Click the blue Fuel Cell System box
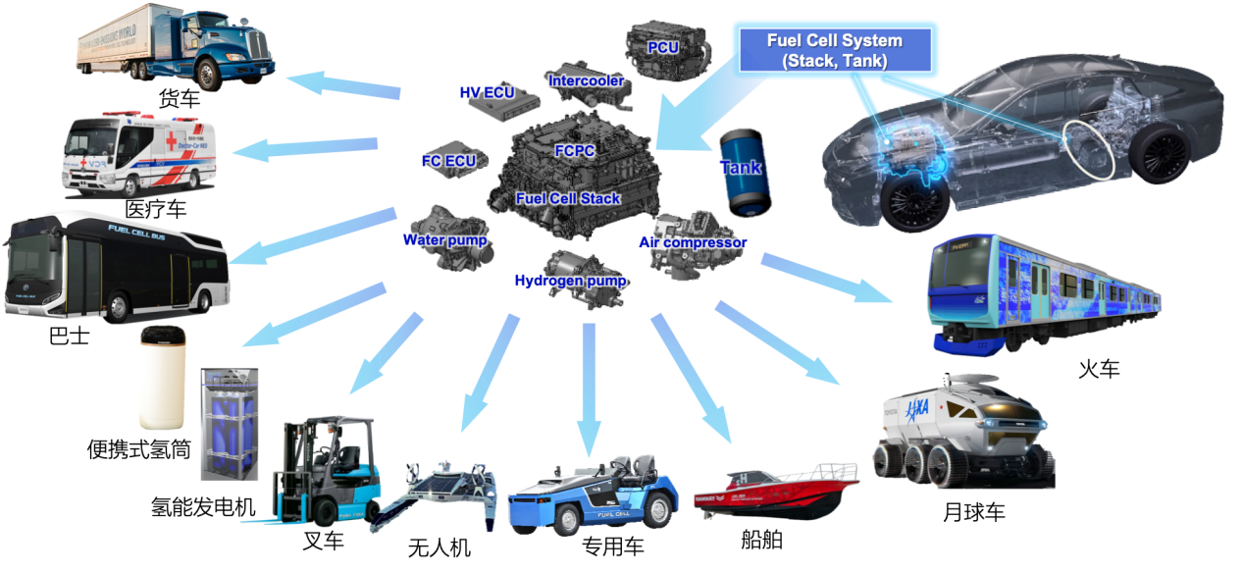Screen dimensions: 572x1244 pos(834,50)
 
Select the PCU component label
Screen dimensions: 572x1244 pos(663,47)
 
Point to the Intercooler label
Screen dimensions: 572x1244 pos(586,80)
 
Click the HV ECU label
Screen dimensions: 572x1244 pos(487,92)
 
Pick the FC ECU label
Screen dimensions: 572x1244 pos(448,160)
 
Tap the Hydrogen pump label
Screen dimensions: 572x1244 pos(570,281)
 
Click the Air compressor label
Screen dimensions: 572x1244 pos(693,242)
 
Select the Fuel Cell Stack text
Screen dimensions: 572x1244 pos(568,198)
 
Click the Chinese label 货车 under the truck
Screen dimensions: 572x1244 pos(180,99)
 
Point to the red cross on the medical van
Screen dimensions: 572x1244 pos(170,143)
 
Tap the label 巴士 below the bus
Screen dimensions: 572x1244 pos(68,337)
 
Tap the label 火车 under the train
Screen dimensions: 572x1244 pos(1099,369)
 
